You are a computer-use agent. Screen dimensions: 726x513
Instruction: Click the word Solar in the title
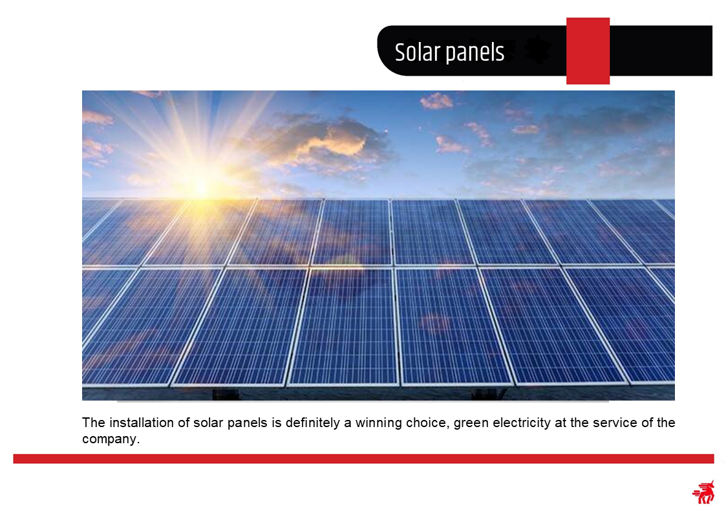(x=417, y=52)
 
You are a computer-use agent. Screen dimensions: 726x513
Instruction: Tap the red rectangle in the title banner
(x=588, y=51)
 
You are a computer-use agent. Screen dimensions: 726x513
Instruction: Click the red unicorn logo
(x=703, y=492)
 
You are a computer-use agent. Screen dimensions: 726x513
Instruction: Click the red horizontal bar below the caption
(x=363, y=459)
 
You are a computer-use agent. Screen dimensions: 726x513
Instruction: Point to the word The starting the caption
(x=94, y=423)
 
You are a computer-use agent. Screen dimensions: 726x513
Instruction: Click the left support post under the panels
(x=226, y=394)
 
